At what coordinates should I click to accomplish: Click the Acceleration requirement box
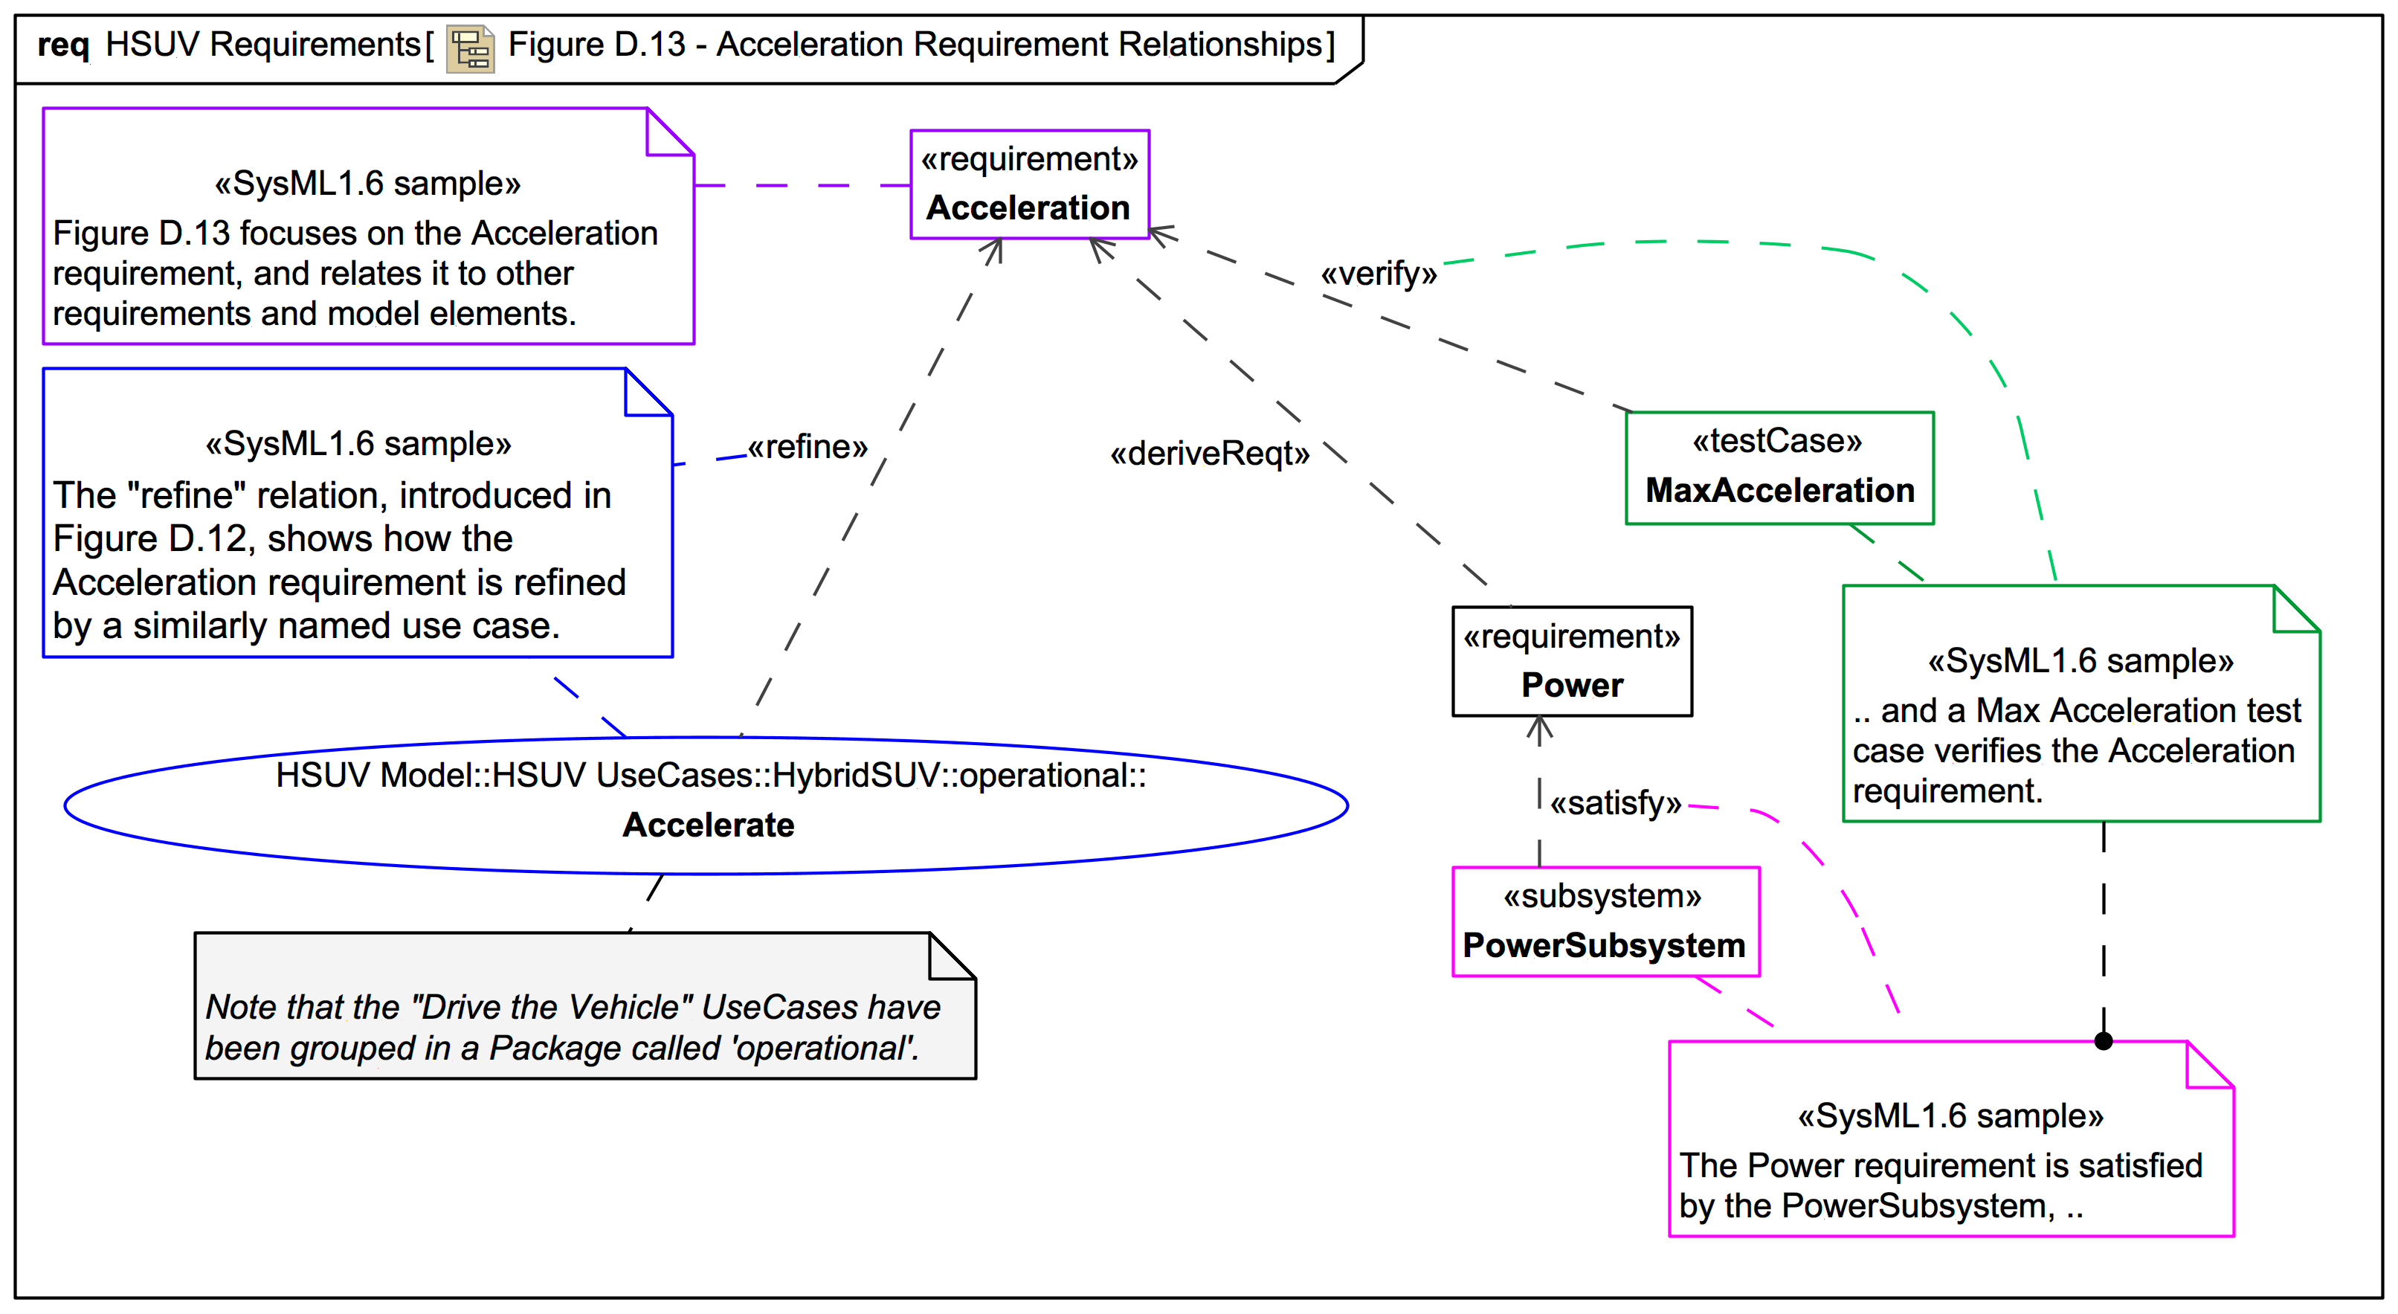pyautogui.click(x=1030, y=184)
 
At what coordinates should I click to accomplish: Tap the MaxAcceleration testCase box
pyautogui.click(x=1779, y=468)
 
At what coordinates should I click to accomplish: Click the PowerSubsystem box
pyautogui.click(x=1605, y=922)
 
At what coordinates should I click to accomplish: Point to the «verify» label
pyautogui.click(x=1378, y=274)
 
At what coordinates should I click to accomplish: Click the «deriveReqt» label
pyautogui.click(x=1209, y=454)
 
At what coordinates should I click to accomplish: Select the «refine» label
pyautogui.click(x=807, y=448)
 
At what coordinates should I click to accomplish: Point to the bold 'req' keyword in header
pyautogui.click(x=62, y=45)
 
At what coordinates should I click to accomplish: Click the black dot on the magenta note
pyautogui.click(x=2103, y=1041)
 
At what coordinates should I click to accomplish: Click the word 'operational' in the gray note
pyautogui.click(x=819, y=1049)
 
